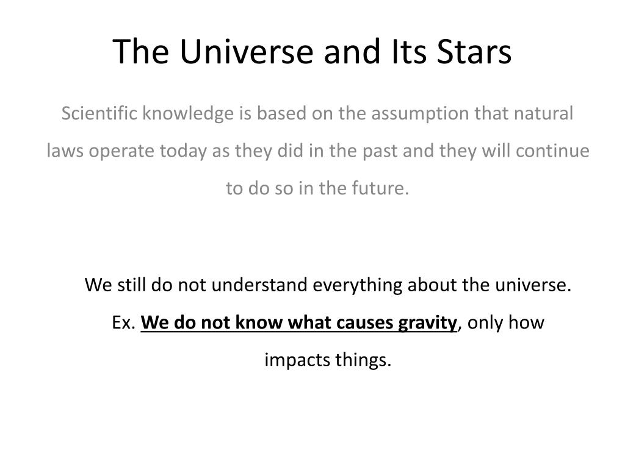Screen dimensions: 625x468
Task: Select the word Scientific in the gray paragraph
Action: pos(99,113)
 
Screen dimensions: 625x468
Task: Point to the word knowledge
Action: pos(188,114)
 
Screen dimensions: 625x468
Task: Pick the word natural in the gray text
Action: pos(544,113)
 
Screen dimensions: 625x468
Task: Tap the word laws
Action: pos(65,151)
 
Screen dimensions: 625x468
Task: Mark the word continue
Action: pos(552,151)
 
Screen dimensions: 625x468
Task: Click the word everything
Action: pos(358,286)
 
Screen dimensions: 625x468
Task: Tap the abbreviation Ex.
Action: pos(123,322)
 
